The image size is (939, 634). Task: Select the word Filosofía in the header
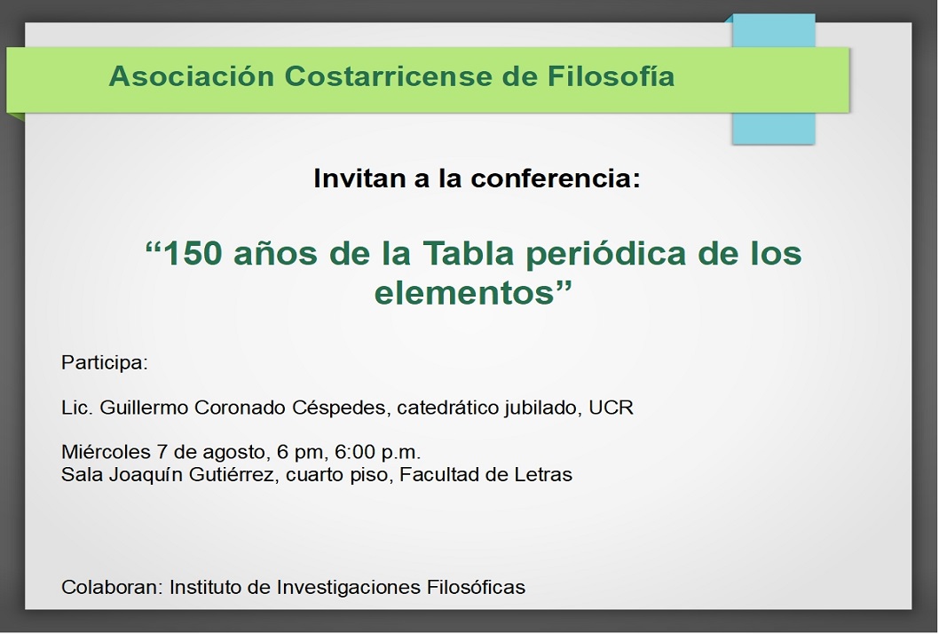611,76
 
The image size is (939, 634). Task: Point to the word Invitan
359,178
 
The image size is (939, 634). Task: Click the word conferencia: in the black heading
556,178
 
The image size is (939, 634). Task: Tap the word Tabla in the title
469,253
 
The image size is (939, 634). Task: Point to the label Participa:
104,363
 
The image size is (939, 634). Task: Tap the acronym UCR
611,408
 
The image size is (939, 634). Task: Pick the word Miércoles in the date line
106,451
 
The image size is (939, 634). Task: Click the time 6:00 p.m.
378,452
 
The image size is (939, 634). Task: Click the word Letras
543,474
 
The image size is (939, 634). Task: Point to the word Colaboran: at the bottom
112,587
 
